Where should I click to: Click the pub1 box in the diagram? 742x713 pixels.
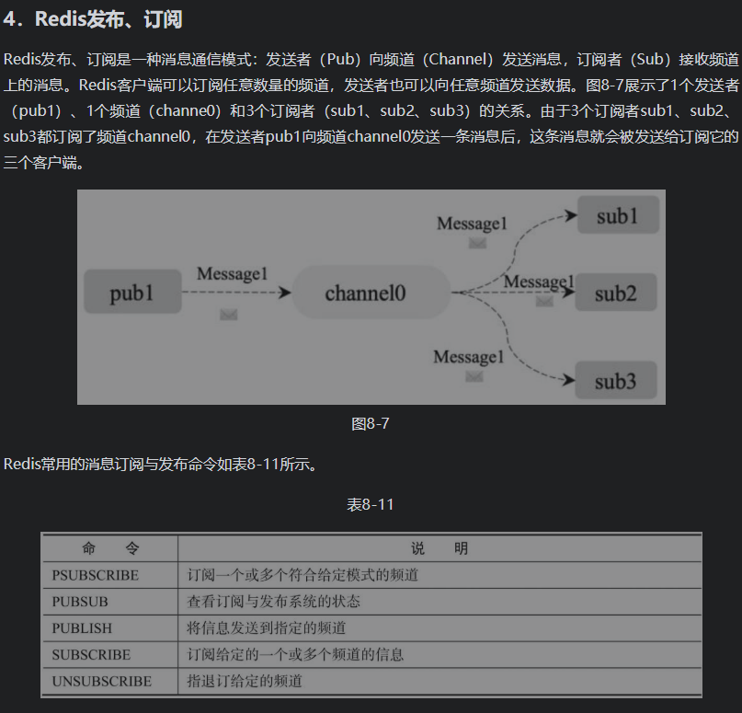(x=131, y=293)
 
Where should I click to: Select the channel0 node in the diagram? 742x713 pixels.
(x=365, y=293)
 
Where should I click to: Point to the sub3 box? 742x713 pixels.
(x=616, y=380)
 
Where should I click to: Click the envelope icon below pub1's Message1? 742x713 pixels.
(x=229, y=315)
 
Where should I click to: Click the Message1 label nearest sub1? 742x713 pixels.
(x=472, y=224)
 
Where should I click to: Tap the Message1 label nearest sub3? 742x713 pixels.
(x=469, y=357)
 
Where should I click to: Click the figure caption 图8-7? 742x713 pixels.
(x=371, y=424)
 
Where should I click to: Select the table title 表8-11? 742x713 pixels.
(x=371, y=505)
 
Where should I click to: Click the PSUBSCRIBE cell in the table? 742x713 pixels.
(x=96, y=575)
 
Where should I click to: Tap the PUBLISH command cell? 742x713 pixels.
(x=82, y=628)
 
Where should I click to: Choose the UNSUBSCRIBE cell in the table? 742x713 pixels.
(x=101, y=682)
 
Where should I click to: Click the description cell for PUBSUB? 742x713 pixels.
(x=273, y=602)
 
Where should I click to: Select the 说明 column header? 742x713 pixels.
(x=439, y=548)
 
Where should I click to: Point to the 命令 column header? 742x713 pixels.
(x=110, y=548)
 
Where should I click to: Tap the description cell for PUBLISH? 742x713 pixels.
(x=266, y=628)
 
